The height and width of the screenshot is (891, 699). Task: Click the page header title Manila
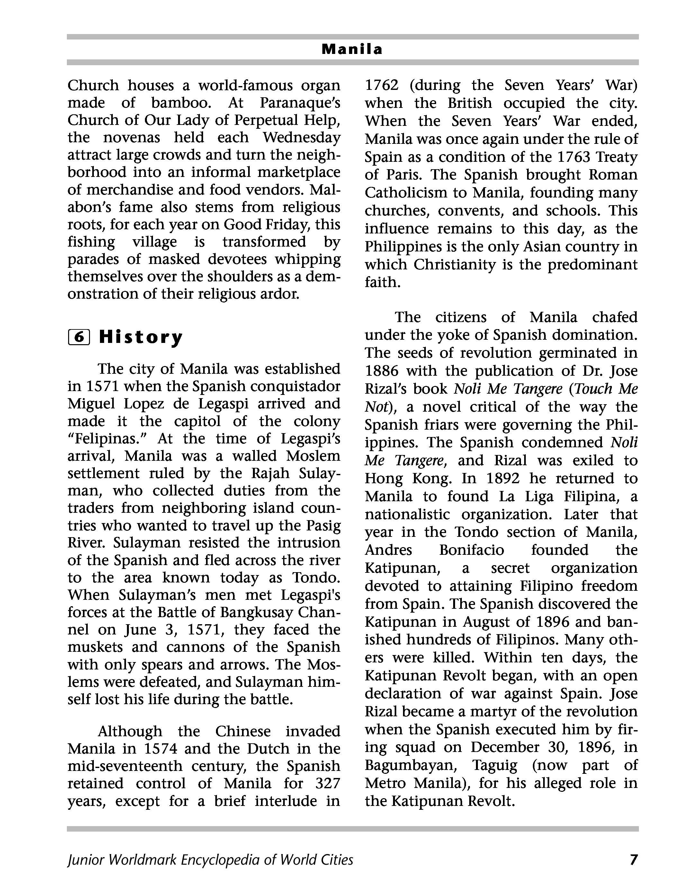point(352,49)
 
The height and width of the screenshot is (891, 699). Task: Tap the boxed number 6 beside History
point(78,337)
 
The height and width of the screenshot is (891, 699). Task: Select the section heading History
point(141,337)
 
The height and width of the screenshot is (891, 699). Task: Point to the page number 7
point(633,860)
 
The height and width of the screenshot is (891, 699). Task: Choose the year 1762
point(381,85)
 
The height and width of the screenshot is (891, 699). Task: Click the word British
point(470,103)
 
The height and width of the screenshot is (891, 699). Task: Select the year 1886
point(381,371)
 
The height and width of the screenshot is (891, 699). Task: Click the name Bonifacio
point(471,550)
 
